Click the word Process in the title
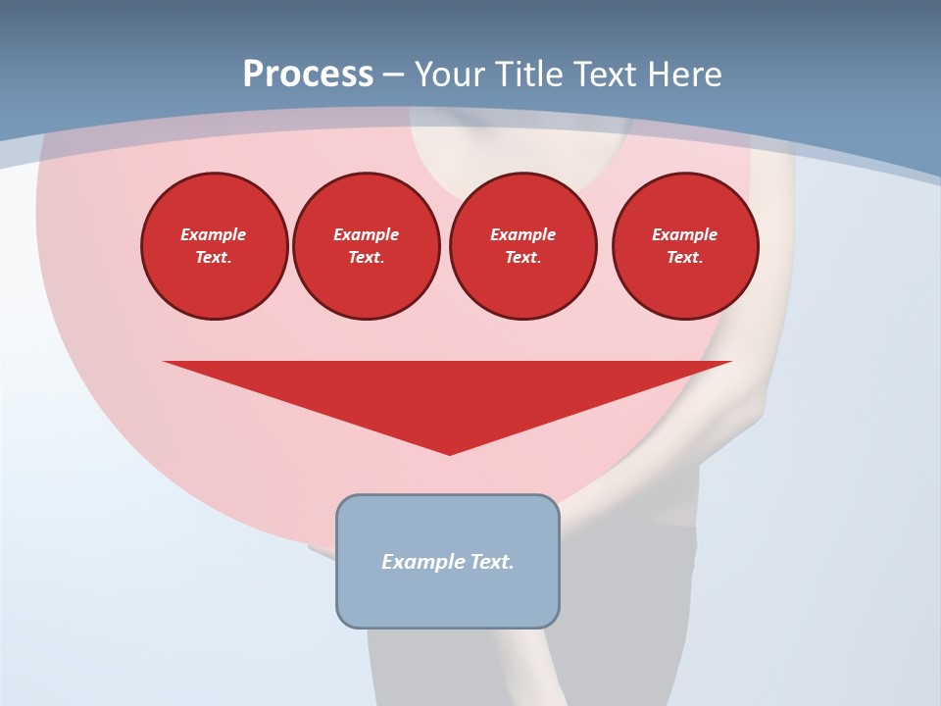308,75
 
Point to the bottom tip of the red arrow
450,453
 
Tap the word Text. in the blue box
492,562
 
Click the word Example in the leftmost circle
214,234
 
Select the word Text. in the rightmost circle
685,258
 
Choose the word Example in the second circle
366,234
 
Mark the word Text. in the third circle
522,258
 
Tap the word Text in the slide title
605,75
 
